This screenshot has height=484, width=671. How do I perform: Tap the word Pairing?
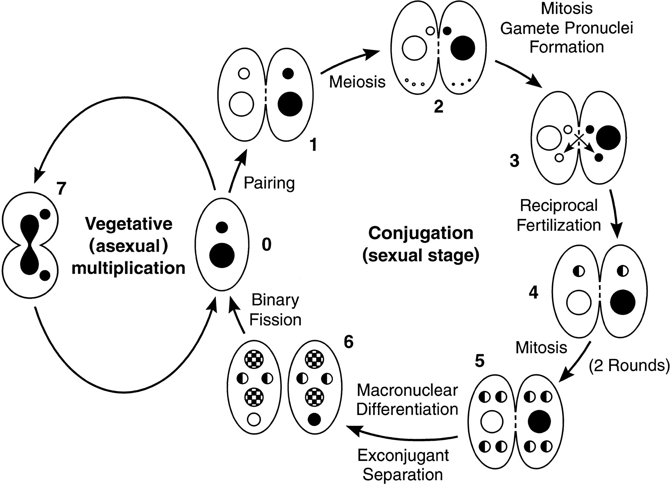point(269,183)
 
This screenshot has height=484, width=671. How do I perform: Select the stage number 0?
point(266,245)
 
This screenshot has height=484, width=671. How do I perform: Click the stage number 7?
point(61,189)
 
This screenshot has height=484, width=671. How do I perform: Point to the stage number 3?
point(514,161)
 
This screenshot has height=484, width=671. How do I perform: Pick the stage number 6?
point(348,342)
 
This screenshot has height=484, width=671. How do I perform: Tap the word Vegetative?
point(129,224)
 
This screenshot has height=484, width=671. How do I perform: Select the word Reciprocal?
point(559,205)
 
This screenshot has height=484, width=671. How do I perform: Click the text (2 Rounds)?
point(629,366)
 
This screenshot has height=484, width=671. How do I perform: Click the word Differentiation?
point(407,409)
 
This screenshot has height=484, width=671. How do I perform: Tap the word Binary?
point(275,301)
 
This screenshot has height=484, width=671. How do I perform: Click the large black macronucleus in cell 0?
point(222,255)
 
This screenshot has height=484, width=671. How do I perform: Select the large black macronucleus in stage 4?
point(622,302)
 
